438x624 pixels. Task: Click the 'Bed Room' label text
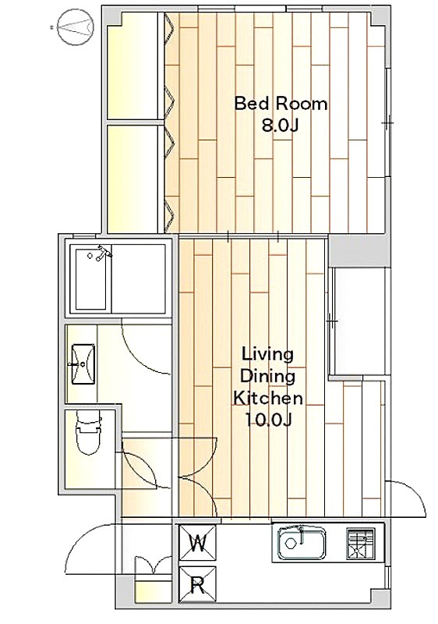[x=281, y=104]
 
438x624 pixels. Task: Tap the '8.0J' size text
[x=280, y=126]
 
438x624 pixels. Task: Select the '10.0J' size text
[x=269, y=420]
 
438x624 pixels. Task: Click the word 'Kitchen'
[x=268, y=398]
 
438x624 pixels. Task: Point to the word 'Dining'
[x=268, y=377]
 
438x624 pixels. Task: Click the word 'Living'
[x=268, y=354]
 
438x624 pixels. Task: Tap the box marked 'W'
[x=197, y=544]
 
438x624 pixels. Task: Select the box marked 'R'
[x=197, y=585]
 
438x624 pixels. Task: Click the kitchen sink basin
[x=302, y=543]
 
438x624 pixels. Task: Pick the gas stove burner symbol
[x=361, y=544]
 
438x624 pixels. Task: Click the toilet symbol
[x=88, y=433]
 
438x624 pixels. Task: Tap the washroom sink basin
[x=83, y=364]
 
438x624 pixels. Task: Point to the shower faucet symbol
[x=104, y=253]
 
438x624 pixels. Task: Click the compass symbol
[x=75, y=27]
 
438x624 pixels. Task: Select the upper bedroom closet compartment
[x=133, y=66]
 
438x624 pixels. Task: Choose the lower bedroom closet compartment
[x=133, y=179]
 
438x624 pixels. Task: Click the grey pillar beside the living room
[x=359, y=250]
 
